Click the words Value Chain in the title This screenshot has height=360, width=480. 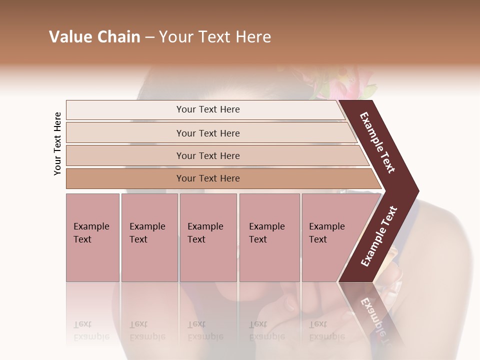point(94,37)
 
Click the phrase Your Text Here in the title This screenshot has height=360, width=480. point(215,37)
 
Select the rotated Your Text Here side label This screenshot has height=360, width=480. point(57,143)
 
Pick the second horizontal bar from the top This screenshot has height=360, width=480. point(207,133)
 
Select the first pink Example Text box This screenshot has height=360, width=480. point(92,237)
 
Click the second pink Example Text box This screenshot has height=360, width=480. point(149,237)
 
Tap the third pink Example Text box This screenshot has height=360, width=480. point(208,237)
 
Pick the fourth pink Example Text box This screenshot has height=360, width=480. point(269,237)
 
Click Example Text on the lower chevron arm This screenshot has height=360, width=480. point(378,236)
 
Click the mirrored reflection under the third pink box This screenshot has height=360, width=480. point(205,330)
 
